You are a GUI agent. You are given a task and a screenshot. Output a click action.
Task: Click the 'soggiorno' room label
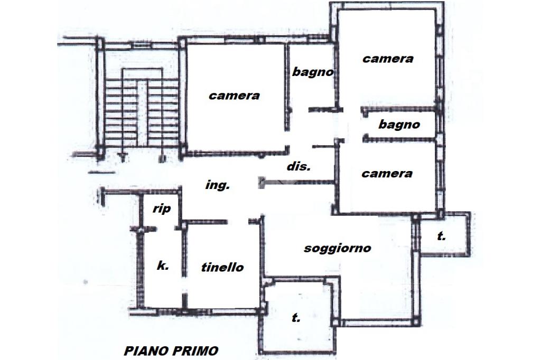(337, 248)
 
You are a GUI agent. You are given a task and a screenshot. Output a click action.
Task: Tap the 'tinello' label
(222, 268)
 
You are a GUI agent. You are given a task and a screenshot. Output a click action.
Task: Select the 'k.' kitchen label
(163, 266)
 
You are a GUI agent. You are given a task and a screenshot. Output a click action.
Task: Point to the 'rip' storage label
(162, 209)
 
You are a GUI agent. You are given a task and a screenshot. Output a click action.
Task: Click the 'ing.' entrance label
(217, 185)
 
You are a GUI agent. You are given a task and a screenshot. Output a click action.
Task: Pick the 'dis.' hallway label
(299, 166)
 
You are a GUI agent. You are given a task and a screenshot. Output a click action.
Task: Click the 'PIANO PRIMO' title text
(171, 350)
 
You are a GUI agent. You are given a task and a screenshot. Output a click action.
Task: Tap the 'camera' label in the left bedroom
(234, 96)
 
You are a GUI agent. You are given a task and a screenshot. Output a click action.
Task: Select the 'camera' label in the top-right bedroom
(387, 59)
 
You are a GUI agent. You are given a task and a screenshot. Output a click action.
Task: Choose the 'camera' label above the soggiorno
(387, 173)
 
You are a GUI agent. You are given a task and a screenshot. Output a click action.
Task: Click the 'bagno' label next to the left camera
(313, 72)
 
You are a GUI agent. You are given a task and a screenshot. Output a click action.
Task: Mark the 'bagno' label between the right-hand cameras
(399, 125)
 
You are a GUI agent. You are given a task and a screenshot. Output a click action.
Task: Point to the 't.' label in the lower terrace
(296, 318)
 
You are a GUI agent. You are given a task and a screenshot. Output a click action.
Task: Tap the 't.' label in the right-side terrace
(441, 236)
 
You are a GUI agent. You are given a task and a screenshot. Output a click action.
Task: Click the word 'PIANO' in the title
(145, 350)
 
